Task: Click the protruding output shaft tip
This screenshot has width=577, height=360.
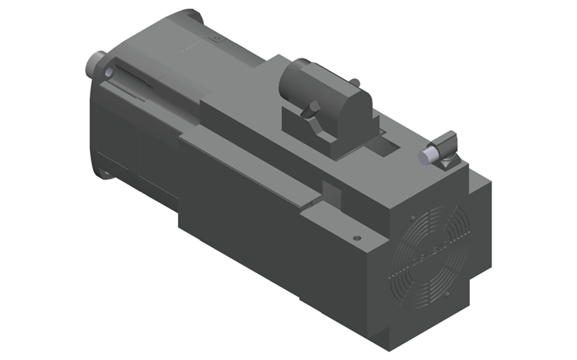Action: click(x=92, y=63)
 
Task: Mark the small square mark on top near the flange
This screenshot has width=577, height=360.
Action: click(x=217, y=38)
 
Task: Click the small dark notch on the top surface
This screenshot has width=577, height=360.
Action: click(x=330, y=194)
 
